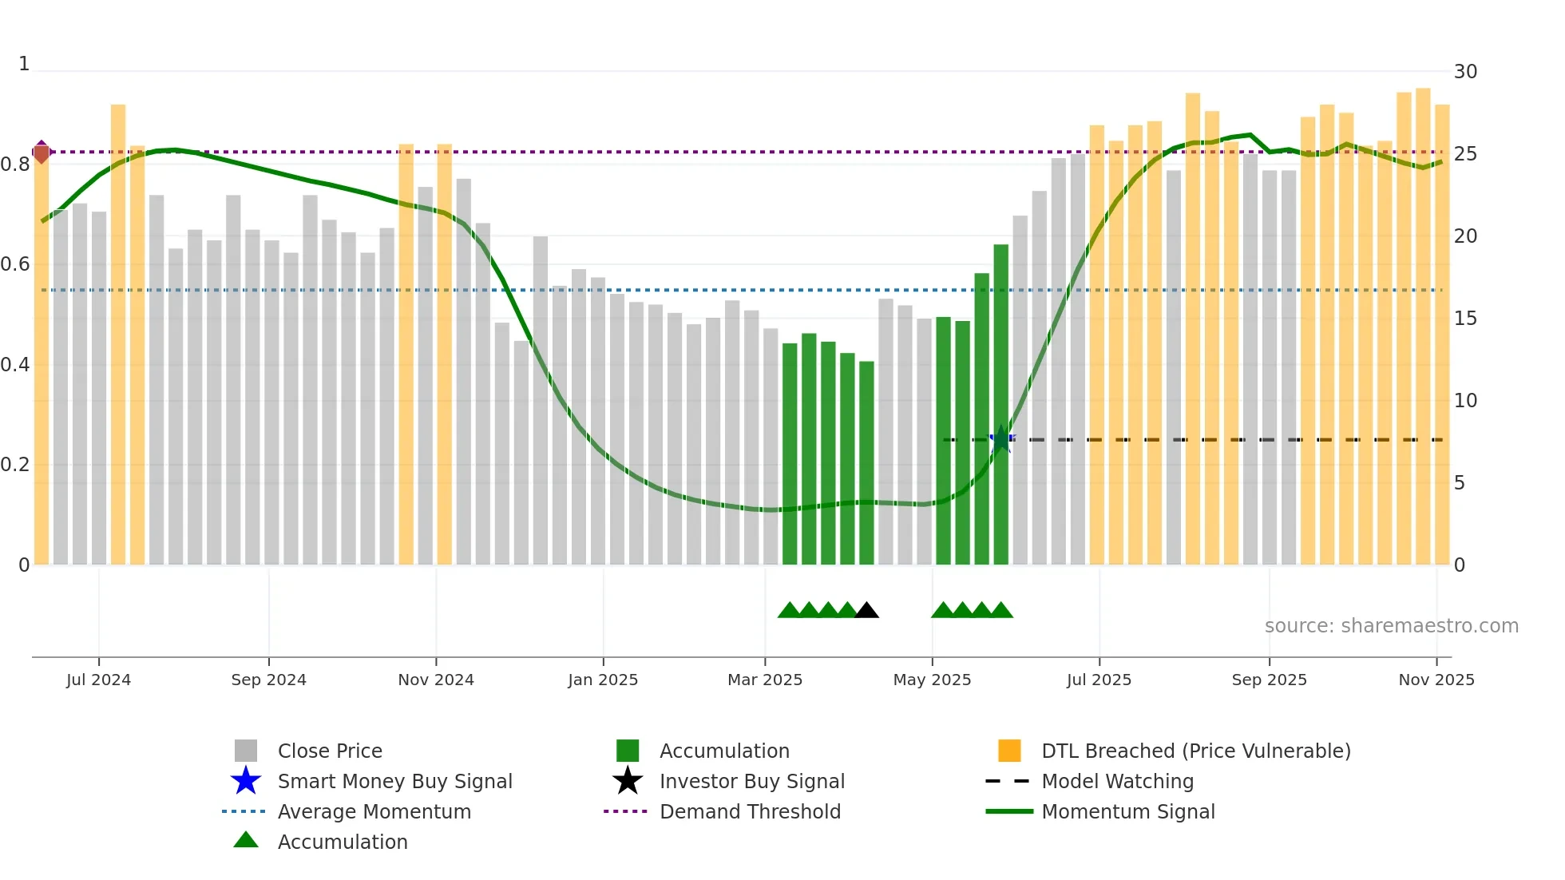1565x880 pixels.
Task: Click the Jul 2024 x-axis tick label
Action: (98, 680)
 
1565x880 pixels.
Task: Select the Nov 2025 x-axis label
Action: (1436, 680)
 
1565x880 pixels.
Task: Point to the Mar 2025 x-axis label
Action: (764, 680)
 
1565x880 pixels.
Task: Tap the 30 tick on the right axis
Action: (1465, 72)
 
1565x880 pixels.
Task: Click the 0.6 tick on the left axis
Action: (15, 264)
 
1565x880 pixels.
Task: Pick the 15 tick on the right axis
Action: (1465, 319)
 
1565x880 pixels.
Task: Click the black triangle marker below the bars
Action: (866, 611)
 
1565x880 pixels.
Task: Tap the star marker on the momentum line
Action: (1001, 439)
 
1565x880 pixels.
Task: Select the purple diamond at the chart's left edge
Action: (42, 152)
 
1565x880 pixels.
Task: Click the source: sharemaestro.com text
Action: (1391, 626)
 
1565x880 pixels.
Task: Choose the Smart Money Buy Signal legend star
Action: (246, 781)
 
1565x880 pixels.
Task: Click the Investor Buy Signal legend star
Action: (628, 781)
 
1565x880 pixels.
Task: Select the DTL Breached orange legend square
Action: (1009, 751)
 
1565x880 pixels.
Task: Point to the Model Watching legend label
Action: (1117, 781)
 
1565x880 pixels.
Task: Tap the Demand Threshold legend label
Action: (750, 811)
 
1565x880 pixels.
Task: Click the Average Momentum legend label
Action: (374, 811)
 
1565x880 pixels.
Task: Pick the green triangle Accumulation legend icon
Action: (246, 840)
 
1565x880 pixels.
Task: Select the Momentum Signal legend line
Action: (1009, 811)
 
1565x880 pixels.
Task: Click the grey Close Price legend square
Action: (246, 751)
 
